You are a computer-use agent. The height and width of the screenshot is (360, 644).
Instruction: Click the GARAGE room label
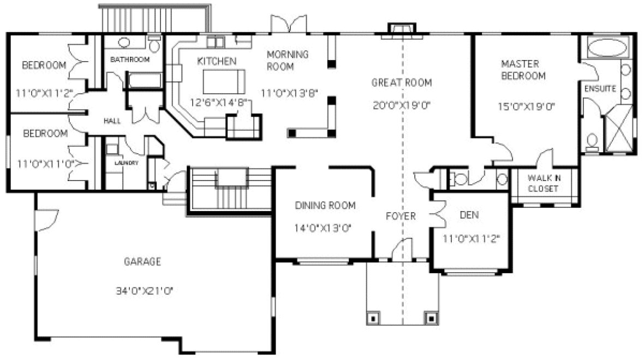coord(142,262)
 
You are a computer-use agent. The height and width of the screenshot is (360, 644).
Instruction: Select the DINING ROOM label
coord(325,206)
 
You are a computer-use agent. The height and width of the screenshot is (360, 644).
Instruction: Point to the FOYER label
coord(401,216)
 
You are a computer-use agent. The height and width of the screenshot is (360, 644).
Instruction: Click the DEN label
coord(469,215)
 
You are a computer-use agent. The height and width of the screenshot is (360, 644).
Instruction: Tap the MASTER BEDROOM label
coord(523,70)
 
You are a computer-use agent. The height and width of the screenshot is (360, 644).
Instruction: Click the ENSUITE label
coord(600,88)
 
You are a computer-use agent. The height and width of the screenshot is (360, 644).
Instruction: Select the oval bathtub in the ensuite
coord(606,48)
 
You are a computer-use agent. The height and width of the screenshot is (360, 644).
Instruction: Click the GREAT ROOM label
coord(402,83)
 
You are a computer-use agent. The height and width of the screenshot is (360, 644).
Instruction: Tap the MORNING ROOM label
coord(287,61)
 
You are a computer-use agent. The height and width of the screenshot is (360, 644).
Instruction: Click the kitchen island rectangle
coord(220,82)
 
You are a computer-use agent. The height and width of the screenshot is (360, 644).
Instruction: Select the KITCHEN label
coord(217,61)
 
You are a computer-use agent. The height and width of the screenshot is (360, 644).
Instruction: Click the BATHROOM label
coord(129,59)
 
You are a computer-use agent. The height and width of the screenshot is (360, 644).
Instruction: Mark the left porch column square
coord(373,317)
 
